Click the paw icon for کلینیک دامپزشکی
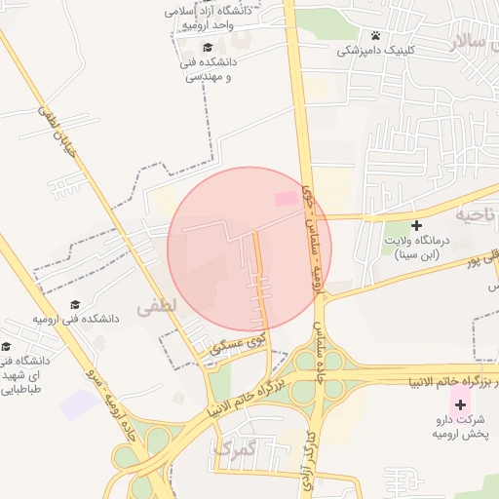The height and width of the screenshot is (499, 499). (x=375, y=36)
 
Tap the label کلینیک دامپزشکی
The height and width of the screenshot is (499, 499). (x=376, y=51)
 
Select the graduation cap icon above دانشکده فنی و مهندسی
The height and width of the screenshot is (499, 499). (x=207, y=46)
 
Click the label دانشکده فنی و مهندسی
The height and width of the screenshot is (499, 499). (x=211, y=67)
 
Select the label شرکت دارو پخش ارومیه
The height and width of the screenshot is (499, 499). (x=459, y=427)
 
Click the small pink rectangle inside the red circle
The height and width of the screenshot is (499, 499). (x=286, y=199)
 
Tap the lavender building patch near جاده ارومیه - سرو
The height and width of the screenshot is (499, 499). (x=79, y=404)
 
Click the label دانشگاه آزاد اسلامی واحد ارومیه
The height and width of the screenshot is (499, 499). (x=211, y=17)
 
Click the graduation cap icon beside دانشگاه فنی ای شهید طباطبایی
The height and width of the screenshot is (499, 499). (x=6, y=347)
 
